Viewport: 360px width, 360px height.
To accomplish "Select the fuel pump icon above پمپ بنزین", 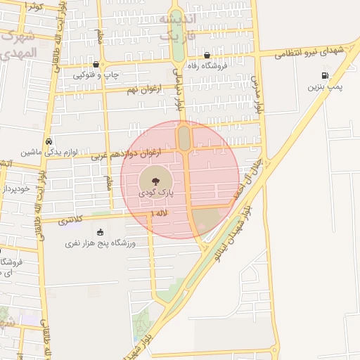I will (324, 76).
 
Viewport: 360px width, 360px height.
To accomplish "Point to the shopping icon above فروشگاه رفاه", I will (207, 56).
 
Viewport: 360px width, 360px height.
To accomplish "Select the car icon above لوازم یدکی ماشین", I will (48, 140).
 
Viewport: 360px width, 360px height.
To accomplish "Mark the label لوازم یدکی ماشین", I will (49, 151).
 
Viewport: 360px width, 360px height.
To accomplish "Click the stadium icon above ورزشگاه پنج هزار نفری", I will (100, 231).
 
